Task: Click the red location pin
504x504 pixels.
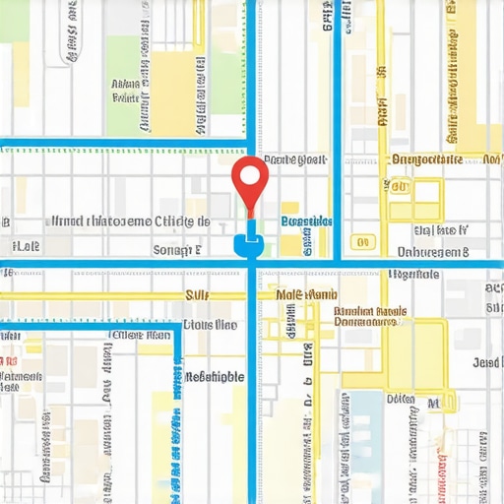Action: pyautogui.click(x=250, y=180)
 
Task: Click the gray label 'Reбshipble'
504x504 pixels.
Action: pyautogui.click(x=214, y=376)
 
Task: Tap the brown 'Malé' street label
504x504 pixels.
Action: pyautogui.click(x=306, y=294)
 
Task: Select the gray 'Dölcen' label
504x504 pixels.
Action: pyautogui.click(x=401, y=400)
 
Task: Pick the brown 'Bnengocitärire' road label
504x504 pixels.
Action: pyautogui.click(x=427, y=158)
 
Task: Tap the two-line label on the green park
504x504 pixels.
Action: pyautogui.click(x=126, y=92)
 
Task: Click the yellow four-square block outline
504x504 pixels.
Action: pyautogui.click(x=413, y=200)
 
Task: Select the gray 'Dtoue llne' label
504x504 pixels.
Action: pyautogui.click(x=210, y=324)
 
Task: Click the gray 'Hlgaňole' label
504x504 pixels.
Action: pyautogui.click(x=413, y=275)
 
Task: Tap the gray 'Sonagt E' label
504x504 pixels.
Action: pyautogui.click(x=178, y=250)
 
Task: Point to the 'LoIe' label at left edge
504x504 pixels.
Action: pyautogui.click(x=24, y=245)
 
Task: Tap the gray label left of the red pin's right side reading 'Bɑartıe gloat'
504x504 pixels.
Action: pyautogui.click(x=295, y=159)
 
